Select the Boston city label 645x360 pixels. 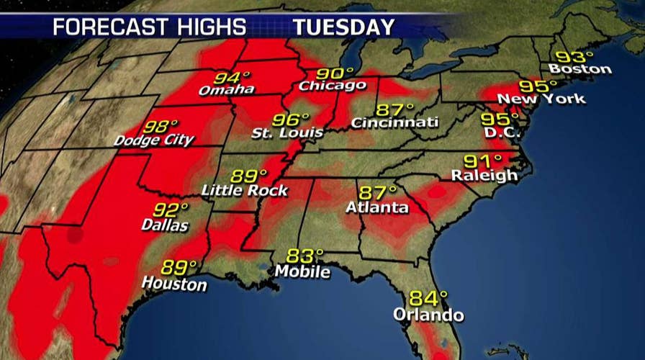pos(579,70)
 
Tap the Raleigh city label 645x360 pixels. pos(484,175)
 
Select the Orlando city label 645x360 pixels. pos(429,315)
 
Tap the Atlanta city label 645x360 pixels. pos(376,208)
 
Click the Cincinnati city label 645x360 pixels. pos(394,123)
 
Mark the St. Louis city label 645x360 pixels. pos(281,134)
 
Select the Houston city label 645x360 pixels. pos(173,284)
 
